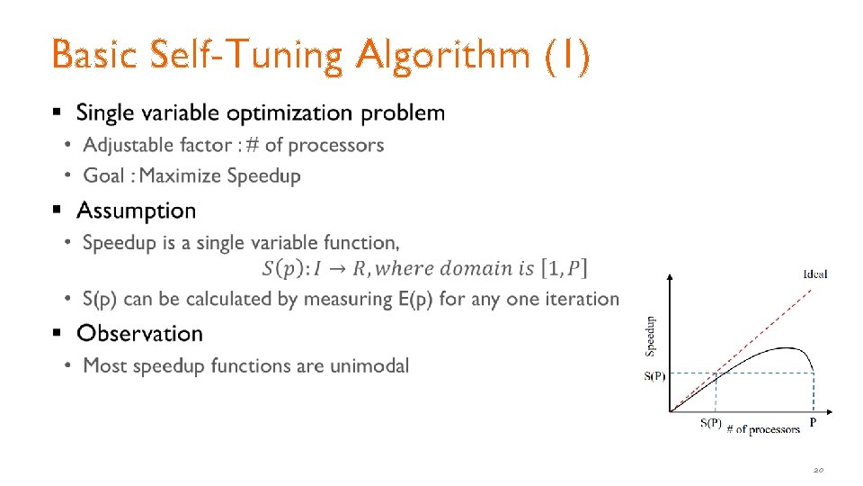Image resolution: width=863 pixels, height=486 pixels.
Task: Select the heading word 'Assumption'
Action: [136, 211]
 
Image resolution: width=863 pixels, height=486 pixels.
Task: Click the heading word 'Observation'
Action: [139, 334]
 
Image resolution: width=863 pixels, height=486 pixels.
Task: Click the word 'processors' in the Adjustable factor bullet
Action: [336, 146]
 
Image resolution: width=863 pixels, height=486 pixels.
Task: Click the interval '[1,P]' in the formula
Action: [563, 268]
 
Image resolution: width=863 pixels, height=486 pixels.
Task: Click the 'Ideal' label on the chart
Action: [814, 274]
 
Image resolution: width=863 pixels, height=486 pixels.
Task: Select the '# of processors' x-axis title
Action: [763, 429]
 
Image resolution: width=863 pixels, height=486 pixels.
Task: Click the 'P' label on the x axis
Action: [814, 422]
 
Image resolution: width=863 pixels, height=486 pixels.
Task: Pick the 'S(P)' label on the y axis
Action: [654, 376]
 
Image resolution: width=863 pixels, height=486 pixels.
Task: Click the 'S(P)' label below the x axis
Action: [710, 424]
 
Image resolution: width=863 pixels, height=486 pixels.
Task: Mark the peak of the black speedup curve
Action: [786, 348]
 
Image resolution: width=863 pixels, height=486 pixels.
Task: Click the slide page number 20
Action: [818, 470]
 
